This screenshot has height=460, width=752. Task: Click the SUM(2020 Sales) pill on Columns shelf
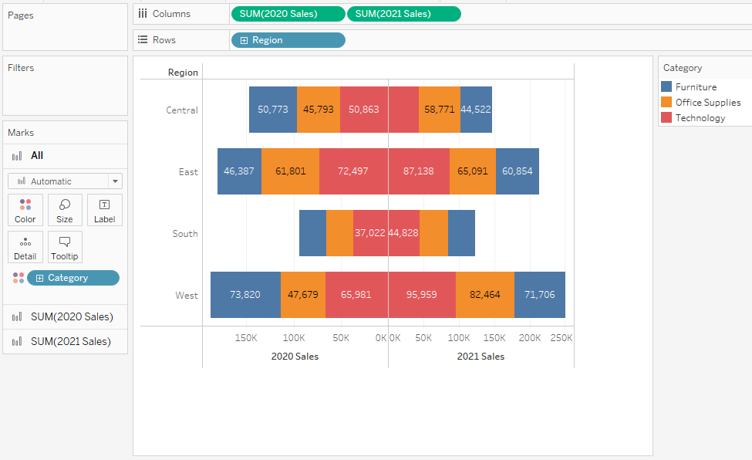click(x=288, y=14)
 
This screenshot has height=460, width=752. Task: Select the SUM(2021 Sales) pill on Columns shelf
click(x=403, y=14)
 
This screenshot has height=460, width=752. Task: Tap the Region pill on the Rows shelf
click(x=288, y=40)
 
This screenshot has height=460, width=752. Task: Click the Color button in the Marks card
click(x=25, y=210)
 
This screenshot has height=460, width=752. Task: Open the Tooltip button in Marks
click(x=65, y=247)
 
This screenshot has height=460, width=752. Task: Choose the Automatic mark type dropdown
click(x=65, y=181)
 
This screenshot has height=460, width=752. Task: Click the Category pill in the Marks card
click(x=73, y=278)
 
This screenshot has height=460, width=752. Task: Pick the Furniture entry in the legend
click(x=695, y=87)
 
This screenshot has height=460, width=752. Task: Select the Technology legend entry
click(x=700, y=118)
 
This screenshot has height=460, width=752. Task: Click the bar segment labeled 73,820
click(x=245, y=295)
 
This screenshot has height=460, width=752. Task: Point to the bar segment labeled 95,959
click(x=422, y=295)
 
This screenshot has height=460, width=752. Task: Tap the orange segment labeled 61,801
click(x=290, y=171)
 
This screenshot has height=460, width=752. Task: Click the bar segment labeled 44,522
click(x=476, y=110)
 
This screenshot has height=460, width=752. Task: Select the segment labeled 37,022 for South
click(x=370, y=233)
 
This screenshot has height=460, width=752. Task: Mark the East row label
click(x=188, y=172)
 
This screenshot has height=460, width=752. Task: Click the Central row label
click(x=182, y=110)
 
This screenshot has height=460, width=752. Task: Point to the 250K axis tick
click(x=561, y=338)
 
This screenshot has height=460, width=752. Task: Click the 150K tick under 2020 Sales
click(x=246, y=338)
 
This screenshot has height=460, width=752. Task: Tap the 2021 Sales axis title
click(x=481, y=357)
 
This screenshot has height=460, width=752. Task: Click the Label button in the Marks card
click(x=104, y=210)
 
